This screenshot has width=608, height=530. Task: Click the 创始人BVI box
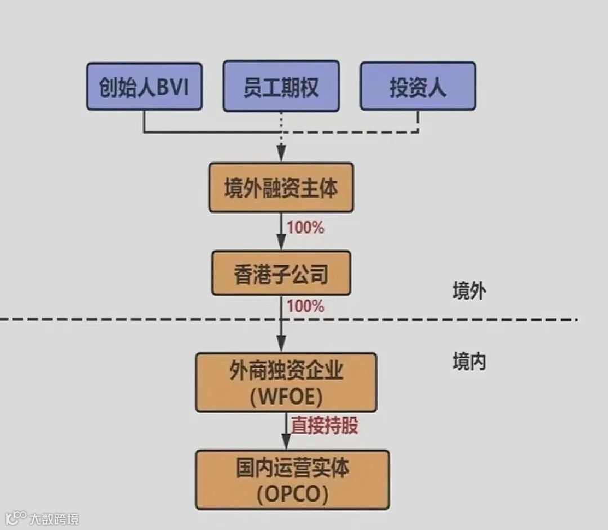pos(144,86)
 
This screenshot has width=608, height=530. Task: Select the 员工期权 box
pos(281,86)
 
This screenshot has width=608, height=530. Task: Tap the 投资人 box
pos(418,86)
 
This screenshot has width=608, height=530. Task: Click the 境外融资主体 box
pos(281,188)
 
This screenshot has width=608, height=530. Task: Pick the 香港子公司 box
pos(281,274)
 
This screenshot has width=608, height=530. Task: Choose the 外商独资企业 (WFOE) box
pos(286,382)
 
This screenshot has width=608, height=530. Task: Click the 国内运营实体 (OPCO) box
pos(292,480)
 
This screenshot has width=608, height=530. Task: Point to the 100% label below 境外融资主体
pos(306,228)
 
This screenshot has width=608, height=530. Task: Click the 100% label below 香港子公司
pos(306,306)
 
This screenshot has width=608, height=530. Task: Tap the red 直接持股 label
pos(324,426)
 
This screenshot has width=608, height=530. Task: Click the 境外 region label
pos(469,291)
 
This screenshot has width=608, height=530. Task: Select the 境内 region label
pos(469,362)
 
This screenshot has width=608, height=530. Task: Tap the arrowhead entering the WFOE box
pos(281,344)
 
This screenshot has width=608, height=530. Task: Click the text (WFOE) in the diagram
pos(287,397)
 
